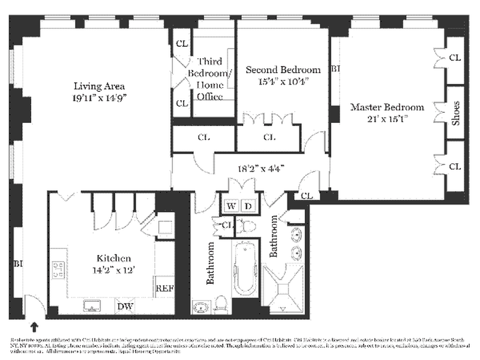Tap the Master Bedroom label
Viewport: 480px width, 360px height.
(387, 107)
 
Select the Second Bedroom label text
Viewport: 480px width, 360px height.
(283, 70)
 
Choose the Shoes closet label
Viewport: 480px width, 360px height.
(456, 112)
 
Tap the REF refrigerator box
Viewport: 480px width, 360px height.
(164, 288)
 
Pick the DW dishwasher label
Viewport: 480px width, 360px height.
(125, 307)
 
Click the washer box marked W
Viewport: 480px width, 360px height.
(230, 206)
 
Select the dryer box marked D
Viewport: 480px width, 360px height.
(248, 206)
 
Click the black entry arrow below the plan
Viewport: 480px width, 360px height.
(34, 326)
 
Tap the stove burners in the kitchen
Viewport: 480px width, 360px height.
(59, 269)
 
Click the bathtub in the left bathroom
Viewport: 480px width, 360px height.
(245, 268)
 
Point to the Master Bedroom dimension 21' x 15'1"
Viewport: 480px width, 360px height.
(387, 119)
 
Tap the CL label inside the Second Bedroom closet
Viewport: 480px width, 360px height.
(269, 137)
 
